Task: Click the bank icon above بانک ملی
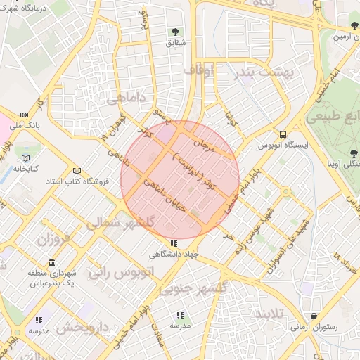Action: pos(25,115)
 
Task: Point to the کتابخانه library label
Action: pos(25,169)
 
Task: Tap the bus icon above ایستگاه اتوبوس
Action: pos(283,134)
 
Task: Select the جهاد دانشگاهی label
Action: pos(175,254)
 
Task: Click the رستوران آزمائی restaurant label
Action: pos(314,328)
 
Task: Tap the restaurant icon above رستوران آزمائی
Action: pos(314,316)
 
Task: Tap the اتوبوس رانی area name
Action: pos(117,271)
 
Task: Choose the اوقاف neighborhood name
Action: pos(205,70)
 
